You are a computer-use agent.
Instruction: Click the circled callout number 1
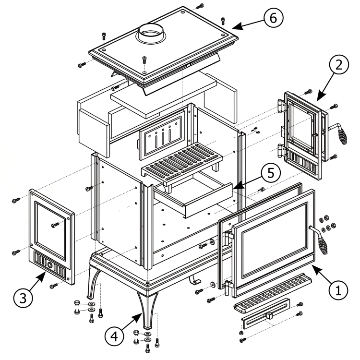tap(338, 290)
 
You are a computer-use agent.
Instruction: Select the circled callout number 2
tap(339, 65)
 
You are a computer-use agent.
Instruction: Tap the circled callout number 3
tap(23, 298)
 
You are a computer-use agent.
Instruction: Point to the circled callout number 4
tap(114, 336)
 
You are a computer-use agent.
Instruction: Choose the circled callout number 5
tap(271, 173)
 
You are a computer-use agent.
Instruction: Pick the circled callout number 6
tap(273, 18)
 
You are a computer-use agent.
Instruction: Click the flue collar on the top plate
tap(151, 34)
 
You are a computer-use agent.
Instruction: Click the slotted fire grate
tap(182, 162)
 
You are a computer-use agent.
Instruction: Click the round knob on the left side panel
tap(50, 265)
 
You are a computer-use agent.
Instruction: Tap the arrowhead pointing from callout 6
tap(237, 26)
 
